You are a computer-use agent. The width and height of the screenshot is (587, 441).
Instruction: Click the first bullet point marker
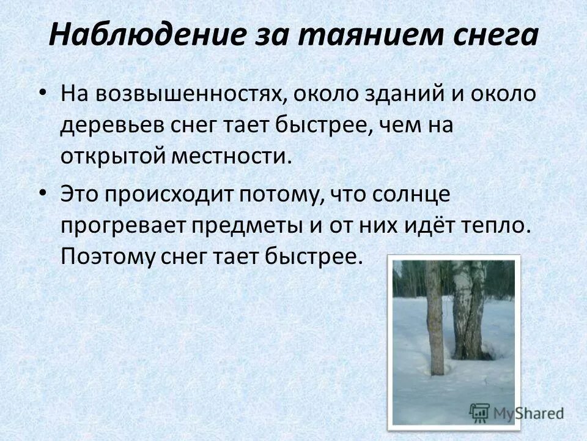(x=42, y=92)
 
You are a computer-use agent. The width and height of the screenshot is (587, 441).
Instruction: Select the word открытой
(x=114, y=156)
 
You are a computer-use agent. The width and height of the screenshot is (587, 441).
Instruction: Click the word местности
(x=239, y=156)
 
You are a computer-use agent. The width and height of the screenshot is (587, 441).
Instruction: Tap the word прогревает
(x=121, y=225)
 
